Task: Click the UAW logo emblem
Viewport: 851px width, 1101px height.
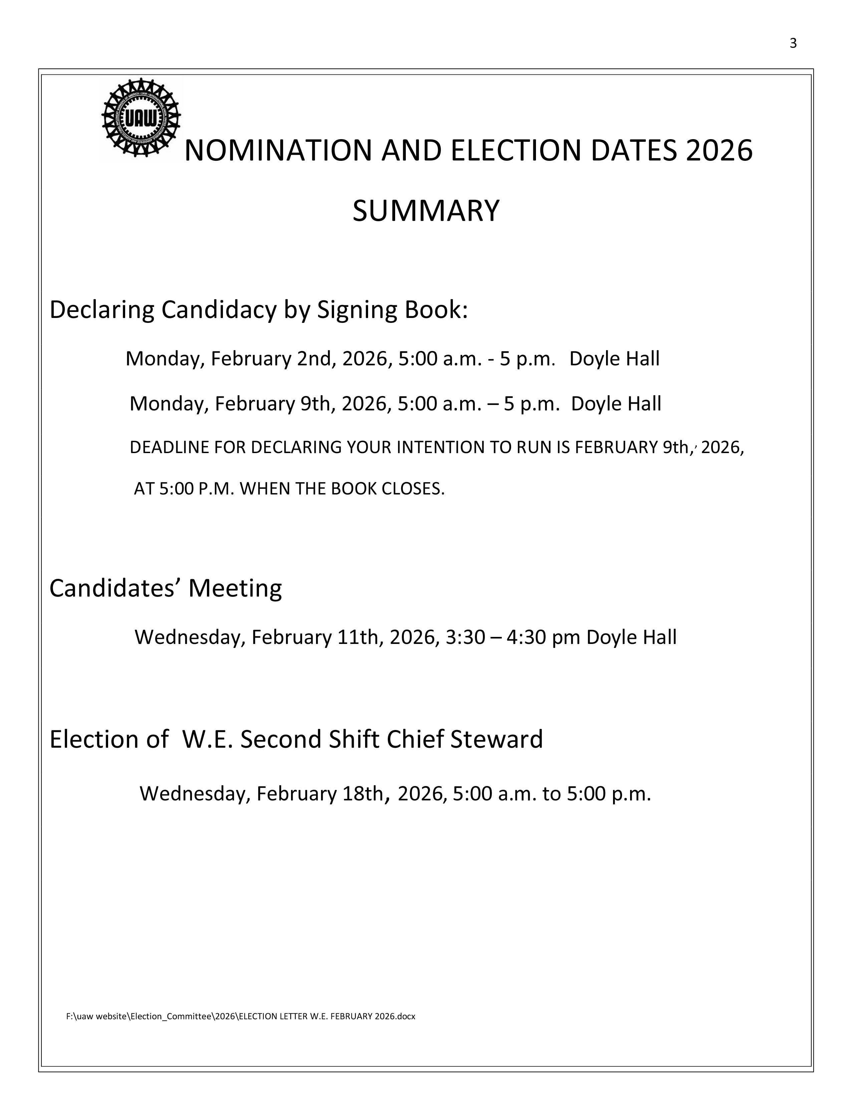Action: point(141,119)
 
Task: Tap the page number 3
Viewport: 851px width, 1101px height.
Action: point(793,44)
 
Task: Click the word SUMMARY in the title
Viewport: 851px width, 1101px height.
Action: point(425,211)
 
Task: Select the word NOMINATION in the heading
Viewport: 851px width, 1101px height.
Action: point(278,151)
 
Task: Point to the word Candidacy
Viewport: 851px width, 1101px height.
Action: point(219,310)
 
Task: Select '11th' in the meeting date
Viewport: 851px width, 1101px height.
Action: point(360,637)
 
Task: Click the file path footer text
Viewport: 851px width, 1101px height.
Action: point(241,1016)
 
